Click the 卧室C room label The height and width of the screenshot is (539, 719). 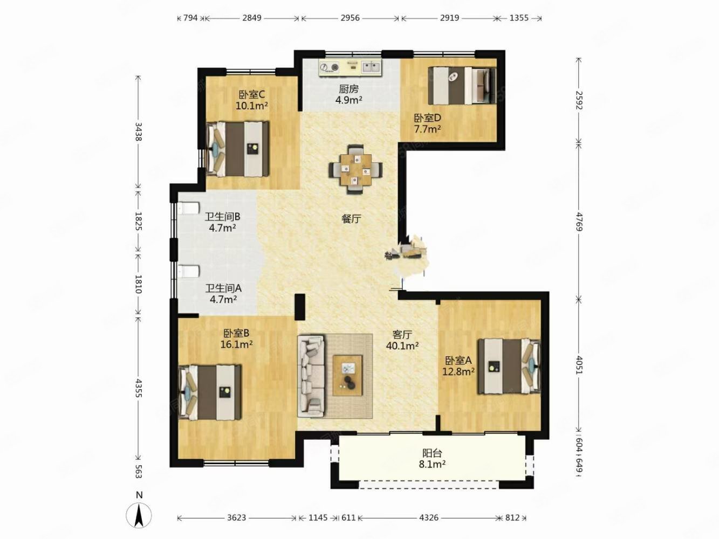251,94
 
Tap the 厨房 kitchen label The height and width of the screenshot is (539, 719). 348,89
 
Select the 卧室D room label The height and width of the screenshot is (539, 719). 427,118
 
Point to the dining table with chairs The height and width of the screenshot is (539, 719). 356,170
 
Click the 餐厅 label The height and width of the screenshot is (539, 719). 351,219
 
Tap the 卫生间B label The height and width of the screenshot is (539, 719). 223,217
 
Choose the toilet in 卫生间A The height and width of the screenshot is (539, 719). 189,272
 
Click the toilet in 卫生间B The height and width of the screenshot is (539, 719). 189,209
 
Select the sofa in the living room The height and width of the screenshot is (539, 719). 311,375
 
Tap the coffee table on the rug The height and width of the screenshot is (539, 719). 347,375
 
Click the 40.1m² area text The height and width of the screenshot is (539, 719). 402,345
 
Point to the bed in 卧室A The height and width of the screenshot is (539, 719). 509,366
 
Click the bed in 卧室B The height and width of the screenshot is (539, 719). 210,392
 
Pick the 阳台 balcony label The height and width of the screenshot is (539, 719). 432,453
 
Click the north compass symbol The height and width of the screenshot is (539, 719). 139,515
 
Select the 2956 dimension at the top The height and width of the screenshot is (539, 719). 350,18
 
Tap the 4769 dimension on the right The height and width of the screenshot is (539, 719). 579,222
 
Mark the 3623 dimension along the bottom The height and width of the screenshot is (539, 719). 236,517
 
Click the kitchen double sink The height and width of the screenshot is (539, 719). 372,67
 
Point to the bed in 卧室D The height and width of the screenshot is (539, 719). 462,86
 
